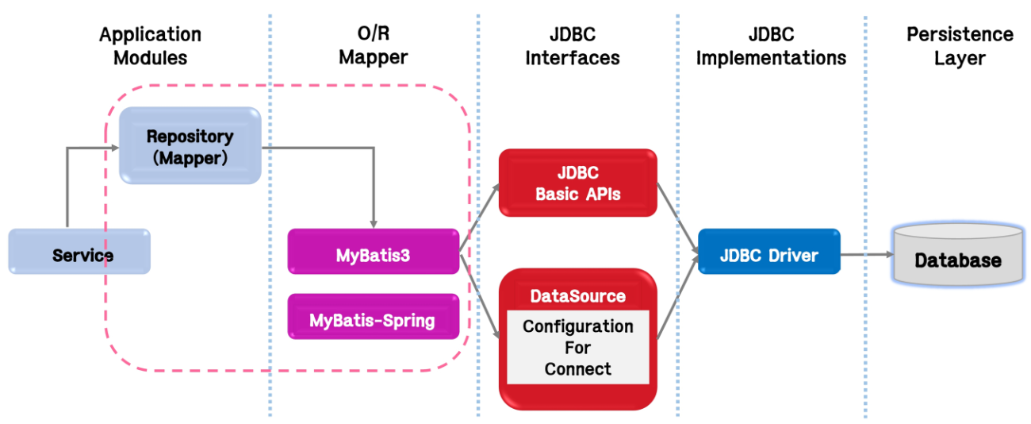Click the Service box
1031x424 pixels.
click(x=79, y=254)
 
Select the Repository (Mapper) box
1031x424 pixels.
click(x=190, y=146)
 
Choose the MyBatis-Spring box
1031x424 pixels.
click(x=373, y=320)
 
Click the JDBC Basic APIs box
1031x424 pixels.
click(x=577, y=183)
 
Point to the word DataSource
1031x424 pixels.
click(x=577, y=295)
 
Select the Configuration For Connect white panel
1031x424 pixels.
click(x=577, y=347)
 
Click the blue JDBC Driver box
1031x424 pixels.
click(x=768, y=255)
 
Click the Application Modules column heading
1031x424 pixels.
click(x=150, y=46)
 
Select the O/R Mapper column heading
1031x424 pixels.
click(x=373, y=46)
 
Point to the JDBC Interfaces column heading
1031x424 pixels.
click(x=572, y=46)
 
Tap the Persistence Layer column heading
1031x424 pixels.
click(x=960, y=46)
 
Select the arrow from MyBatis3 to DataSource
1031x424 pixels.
click(x=479, y=294)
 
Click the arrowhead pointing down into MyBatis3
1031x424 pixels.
click(x=374, y=223)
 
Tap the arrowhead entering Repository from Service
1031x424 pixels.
click(x=113, y=147)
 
